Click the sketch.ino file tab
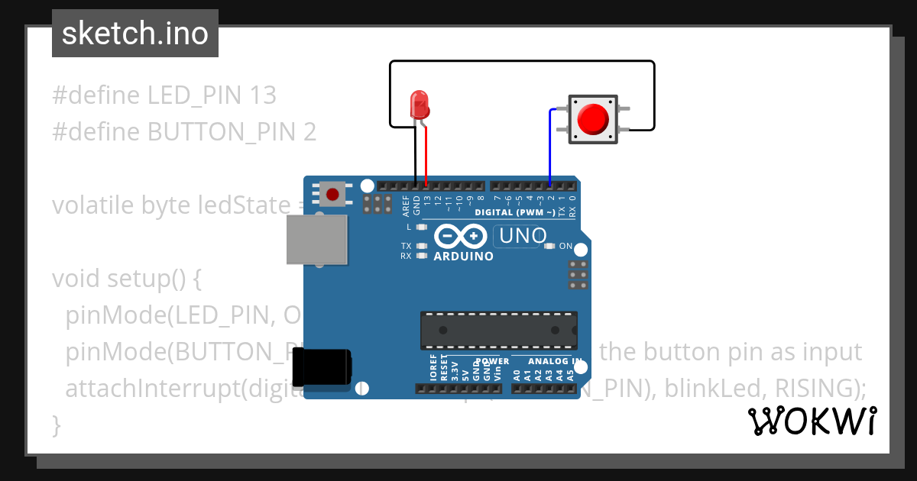click(134, 34)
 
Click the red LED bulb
click(419, 103)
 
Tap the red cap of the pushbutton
click(592, 119)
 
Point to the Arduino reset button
click(332, 194)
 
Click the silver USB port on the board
click(316, 239)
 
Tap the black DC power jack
click(323, 366)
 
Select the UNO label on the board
click(523, 237)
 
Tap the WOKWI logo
click(812, 421)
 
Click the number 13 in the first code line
click(262, 95)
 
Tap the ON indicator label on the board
click(566, 246)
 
